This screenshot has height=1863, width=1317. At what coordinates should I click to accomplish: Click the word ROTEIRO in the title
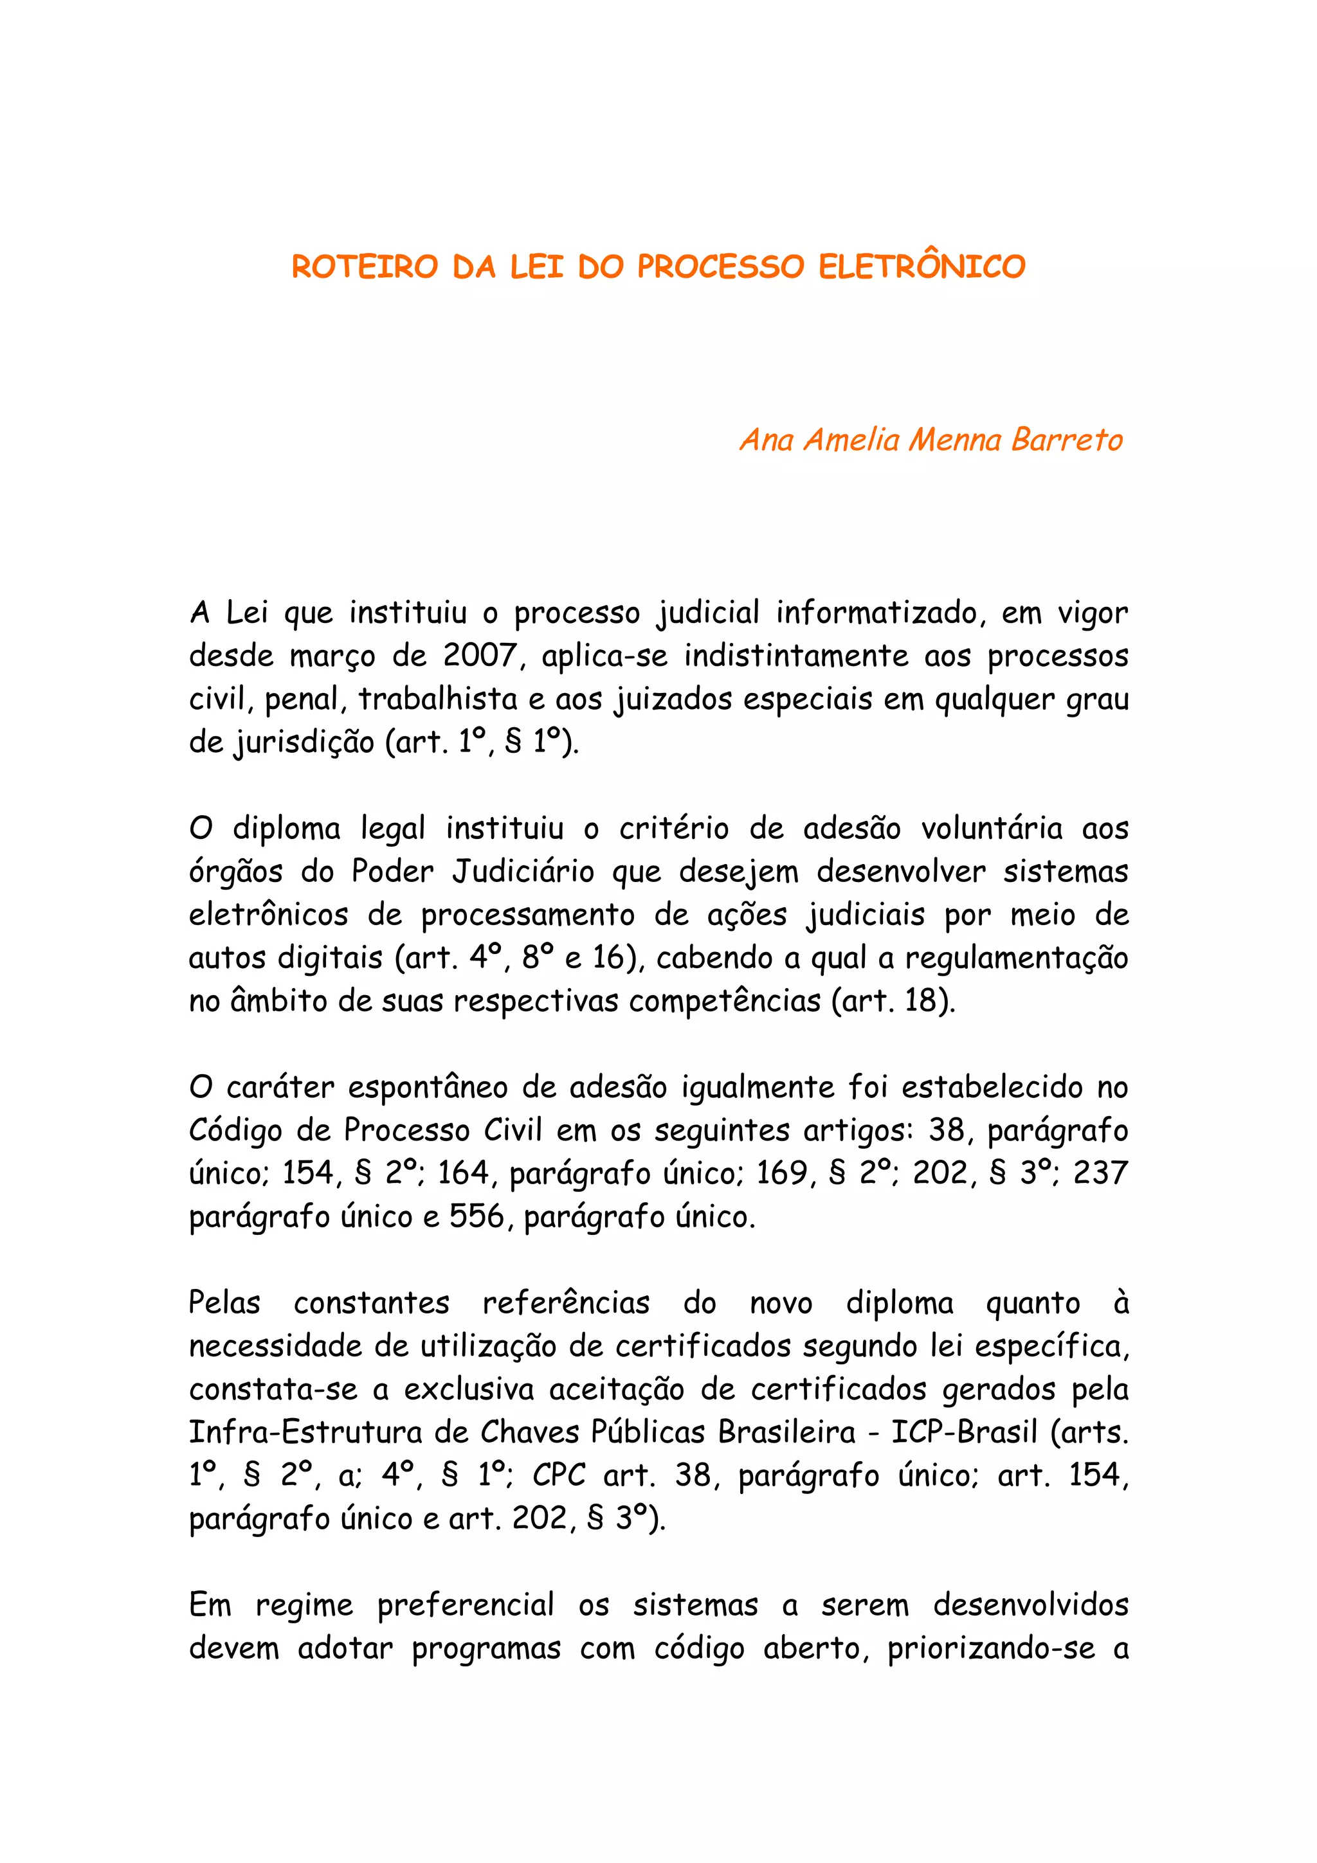coord(365,267)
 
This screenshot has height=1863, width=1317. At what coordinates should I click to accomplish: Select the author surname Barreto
coord(1066,440)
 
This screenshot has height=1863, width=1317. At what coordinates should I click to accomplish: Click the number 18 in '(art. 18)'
coord(921,1000)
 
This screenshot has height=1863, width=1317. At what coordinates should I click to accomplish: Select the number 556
coord(477,1217)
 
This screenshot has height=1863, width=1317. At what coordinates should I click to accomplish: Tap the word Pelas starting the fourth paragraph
coord(225,1303)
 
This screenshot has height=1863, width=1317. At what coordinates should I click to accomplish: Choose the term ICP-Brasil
coord(964,1433)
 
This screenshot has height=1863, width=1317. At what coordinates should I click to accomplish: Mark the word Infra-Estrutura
coord(305,1433)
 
